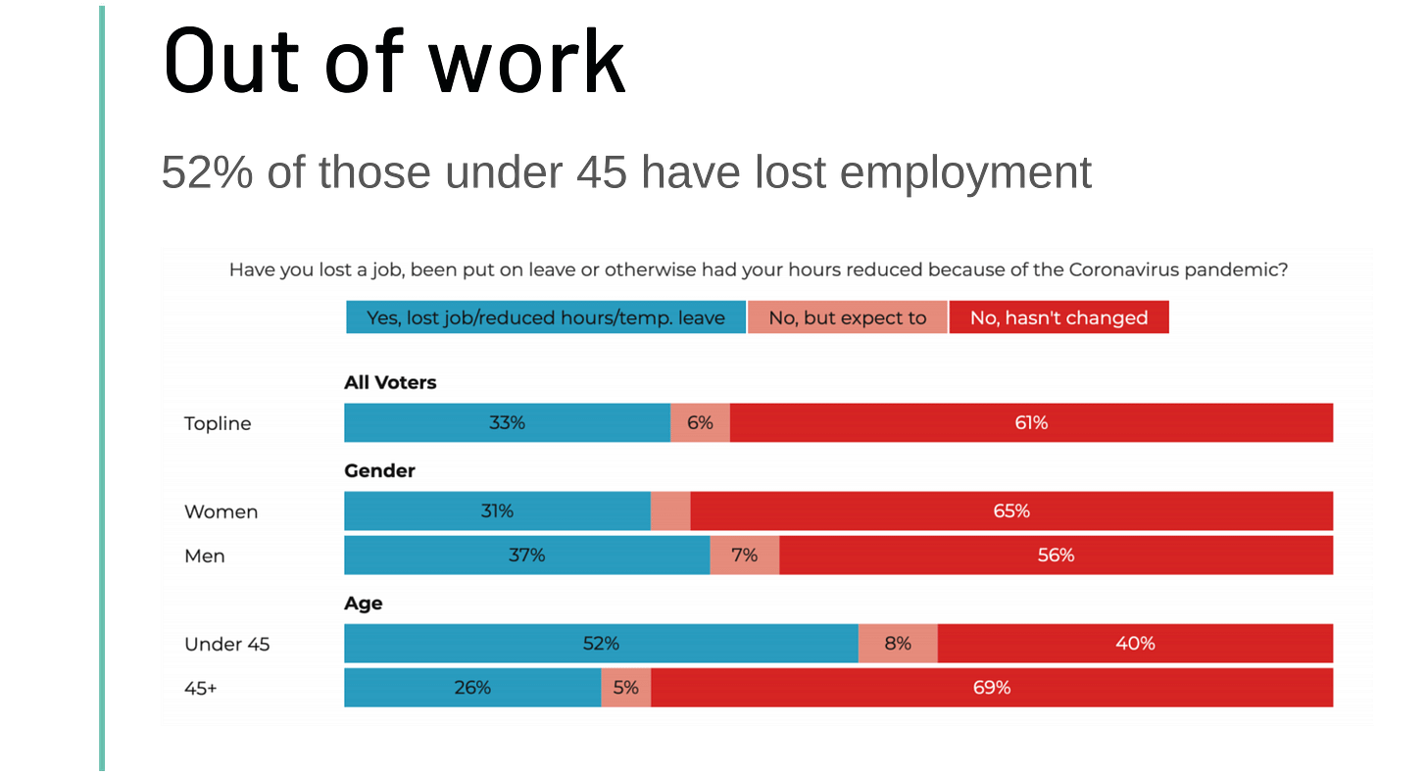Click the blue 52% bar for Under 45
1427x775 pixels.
[x=601, y=644]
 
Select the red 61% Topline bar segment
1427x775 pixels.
[x=1031, y=423]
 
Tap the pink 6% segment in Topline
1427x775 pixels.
[x=700, y=423]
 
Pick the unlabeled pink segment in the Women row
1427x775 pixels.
[x=670, y=511]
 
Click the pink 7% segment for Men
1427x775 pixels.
[x=744, y=556]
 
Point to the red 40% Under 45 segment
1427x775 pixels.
[x=1135, y=644]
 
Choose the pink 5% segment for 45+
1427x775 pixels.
[x=625, y=688]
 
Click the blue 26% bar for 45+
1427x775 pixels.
[x=472, y=688]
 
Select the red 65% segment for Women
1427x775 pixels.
[x=1011, y=511]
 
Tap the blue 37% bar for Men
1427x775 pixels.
[x=526, y=556]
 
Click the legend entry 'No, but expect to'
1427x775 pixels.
[x=848, y=317]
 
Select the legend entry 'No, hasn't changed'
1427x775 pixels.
[x=1058, y=317]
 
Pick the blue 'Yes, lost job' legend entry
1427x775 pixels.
[x=546, y=317]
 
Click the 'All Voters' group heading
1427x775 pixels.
[x=390, y=383]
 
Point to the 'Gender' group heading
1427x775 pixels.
[x=379, y=471]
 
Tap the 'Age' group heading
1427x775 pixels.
[x=363, y=604]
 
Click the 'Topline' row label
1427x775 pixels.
[x=218, y=423]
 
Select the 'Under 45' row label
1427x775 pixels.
[x=226, y=644]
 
